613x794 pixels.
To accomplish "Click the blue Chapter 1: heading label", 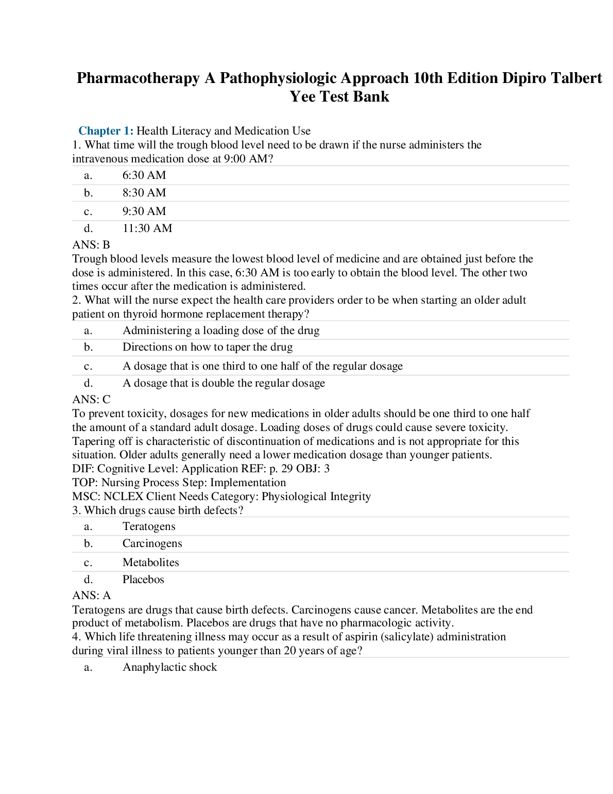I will point(106,131).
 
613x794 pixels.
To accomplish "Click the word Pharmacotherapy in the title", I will point(138,78).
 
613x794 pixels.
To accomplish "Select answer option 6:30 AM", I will point(144,175).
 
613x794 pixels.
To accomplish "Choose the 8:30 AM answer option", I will point(144,193).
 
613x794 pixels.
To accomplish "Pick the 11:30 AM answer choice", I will point(147,228).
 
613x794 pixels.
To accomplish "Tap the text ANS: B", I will point(91,245).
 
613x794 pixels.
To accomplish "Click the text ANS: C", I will point(91,400).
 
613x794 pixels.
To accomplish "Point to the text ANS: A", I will point(92,595).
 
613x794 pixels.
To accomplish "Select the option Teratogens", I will point(149,526).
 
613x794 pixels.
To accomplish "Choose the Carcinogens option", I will point(152,543).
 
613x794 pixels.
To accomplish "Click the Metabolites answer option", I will point(151,563).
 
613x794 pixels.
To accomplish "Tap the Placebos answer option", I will point(143,580).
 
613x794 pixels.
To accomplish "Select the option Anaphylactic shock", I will point(169,667).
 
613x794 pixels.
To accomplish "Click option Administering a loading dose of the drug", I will point(221,330).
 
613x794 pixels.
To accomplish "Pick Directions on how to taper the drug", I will point(208,347).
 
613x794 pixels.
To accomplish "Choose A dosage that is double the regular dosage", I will point(224,383).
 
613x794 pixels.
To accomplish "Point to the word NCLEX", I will point(123,497).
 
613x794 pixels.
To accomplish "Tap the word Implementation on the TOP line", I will point(248,483).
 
